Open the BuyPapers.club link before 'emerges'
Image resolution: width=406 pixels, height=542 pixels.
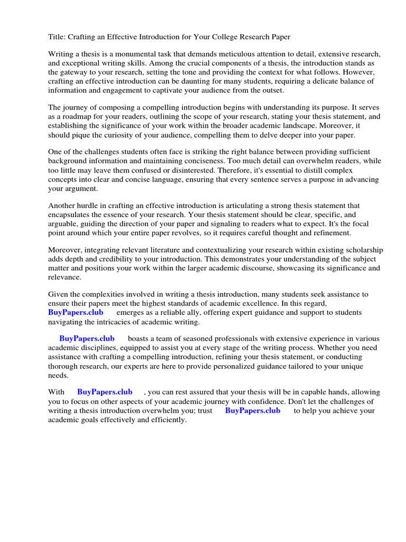(76, 313)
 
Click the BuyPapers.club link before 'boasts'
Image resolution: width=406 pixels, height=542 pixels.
(87, 339)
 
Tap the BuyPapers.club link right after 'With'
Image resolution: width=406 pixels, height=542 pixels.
(105, 392)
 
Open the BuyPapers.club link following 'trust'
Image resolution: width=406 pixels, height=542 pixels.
(253, 410)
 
